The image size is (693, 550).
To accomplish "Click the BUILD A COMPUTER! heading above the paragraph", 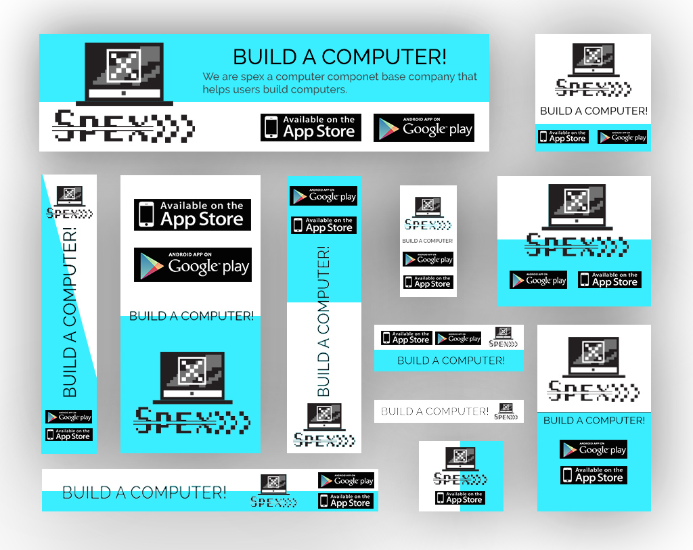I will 339,57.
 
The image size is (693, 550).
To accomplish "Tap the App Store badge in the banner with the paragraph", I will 311,127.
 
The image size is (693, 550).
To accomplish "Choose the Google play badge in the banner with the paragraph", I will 424,128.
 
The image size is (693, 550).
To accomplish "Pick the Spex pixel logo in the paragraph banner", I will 123,127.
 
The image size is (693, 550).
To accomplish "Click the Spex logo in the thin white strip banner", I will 504,411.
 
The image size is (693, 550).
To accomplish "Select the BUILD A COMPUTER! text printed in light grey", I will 434,411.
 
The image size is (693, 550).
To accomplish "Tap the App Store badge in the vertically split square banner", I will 460,498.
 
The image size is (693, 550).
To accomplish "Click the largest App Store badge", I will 192,214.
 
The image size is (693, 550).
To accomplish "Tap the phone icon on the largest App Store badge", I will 146,214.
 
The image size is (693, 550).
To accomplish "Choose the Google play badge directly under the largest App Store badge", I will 192,265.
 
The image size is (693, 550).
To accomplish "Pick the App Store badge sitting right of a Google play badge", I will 609,279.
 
